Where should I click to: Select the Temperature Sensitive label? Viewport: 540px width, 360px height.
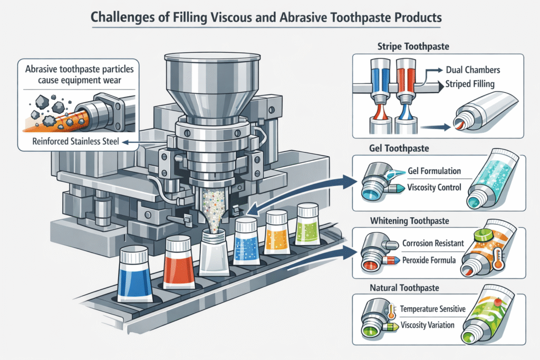(433, 309)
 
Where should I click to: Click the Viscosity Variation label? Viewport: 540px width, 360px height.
(428, 325)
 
